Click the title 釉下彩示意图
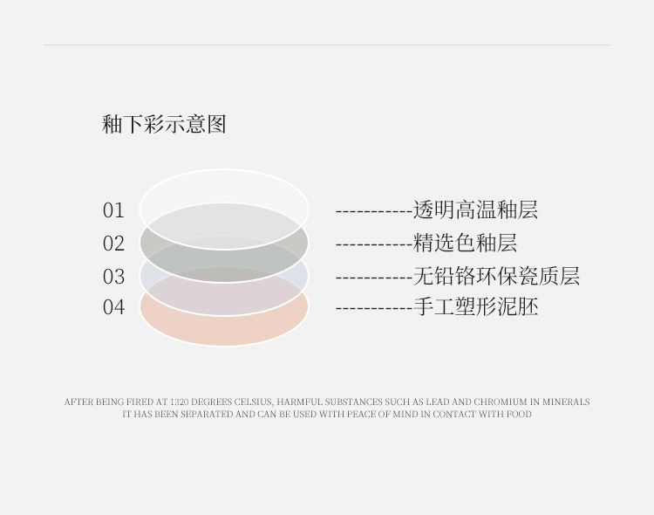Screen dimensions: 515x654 tap(164, 124)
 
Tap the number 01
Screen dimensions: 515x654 tap(113, 210)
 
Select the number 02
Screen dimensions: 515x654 tap(113, 244)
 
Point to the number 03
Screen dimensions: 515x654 tap(113, 277)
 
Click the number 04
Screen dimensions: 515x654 tap(113, 307)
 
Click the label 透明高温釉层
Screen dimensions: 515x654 tap(475, 210)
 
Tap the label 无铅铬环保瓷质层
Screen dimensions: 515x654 tap(496, 277)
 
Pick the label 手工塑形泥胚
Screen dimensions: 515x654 tap(475, 307)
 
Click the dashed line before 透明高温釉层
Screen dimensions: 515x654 tap(373, 211)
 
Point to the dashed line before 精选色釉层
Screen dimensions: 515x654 tap(373, 244)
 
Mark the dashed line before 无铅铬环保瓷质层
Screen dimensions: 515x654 tap(373, 278)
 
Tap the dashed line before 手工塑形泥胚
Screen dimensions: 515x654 tap(373, 308)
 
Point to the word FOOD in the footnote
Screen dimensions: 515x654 tap(518, 414)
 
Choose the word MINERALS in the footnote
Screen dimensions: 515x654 tap(566, 402)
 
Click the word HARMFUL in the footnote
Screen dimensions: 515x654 tap(300, 402)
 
